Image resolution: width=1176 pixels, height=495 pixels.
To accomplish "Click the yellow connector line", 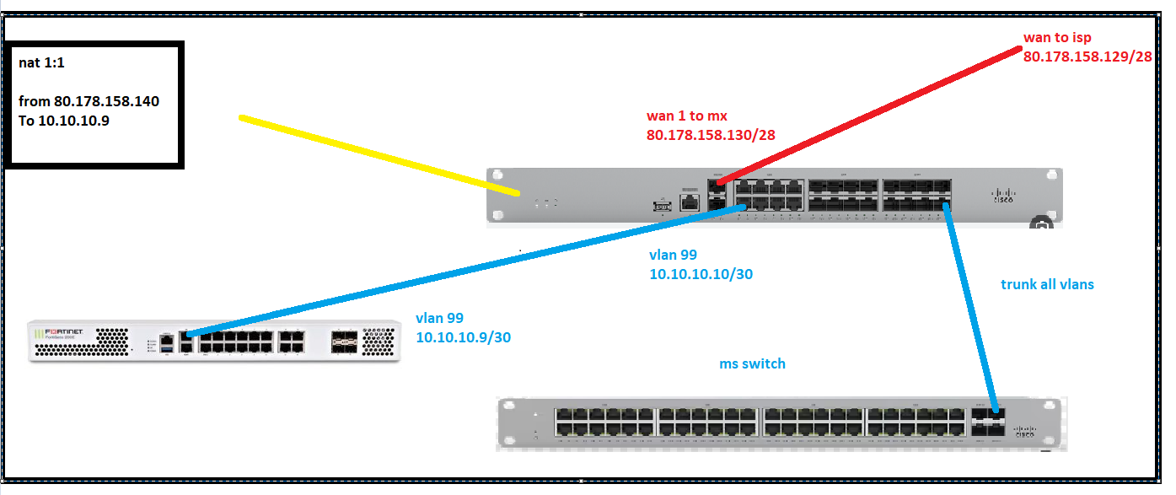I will tap(379, 156).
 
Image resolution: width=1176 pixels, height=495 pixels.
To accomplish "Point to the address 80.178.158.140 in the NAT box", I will tap(106, 101).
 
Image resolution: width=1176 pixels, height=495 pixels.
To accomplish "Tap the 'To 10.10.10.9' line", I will tap(64, 121).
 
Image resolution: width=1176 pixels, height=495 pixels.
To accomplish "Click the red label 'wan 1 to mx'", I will tap(686, 116).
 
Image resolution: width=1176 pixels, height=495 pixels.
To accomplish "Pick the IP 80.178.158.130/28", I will tap(711, 134).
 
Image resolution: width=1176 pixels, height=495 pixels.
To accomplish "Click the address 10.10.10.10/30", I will tap(701, 274).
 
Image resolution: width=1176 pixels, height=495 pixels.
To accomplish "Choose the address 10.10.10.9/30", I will tap(464, 336).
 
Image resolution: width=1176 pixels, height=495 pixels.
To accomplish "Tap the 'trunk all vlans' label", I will tap(1047, 284).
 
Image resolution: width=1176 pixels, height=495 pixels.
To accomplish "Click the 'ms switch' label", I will tap(752, 363).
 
